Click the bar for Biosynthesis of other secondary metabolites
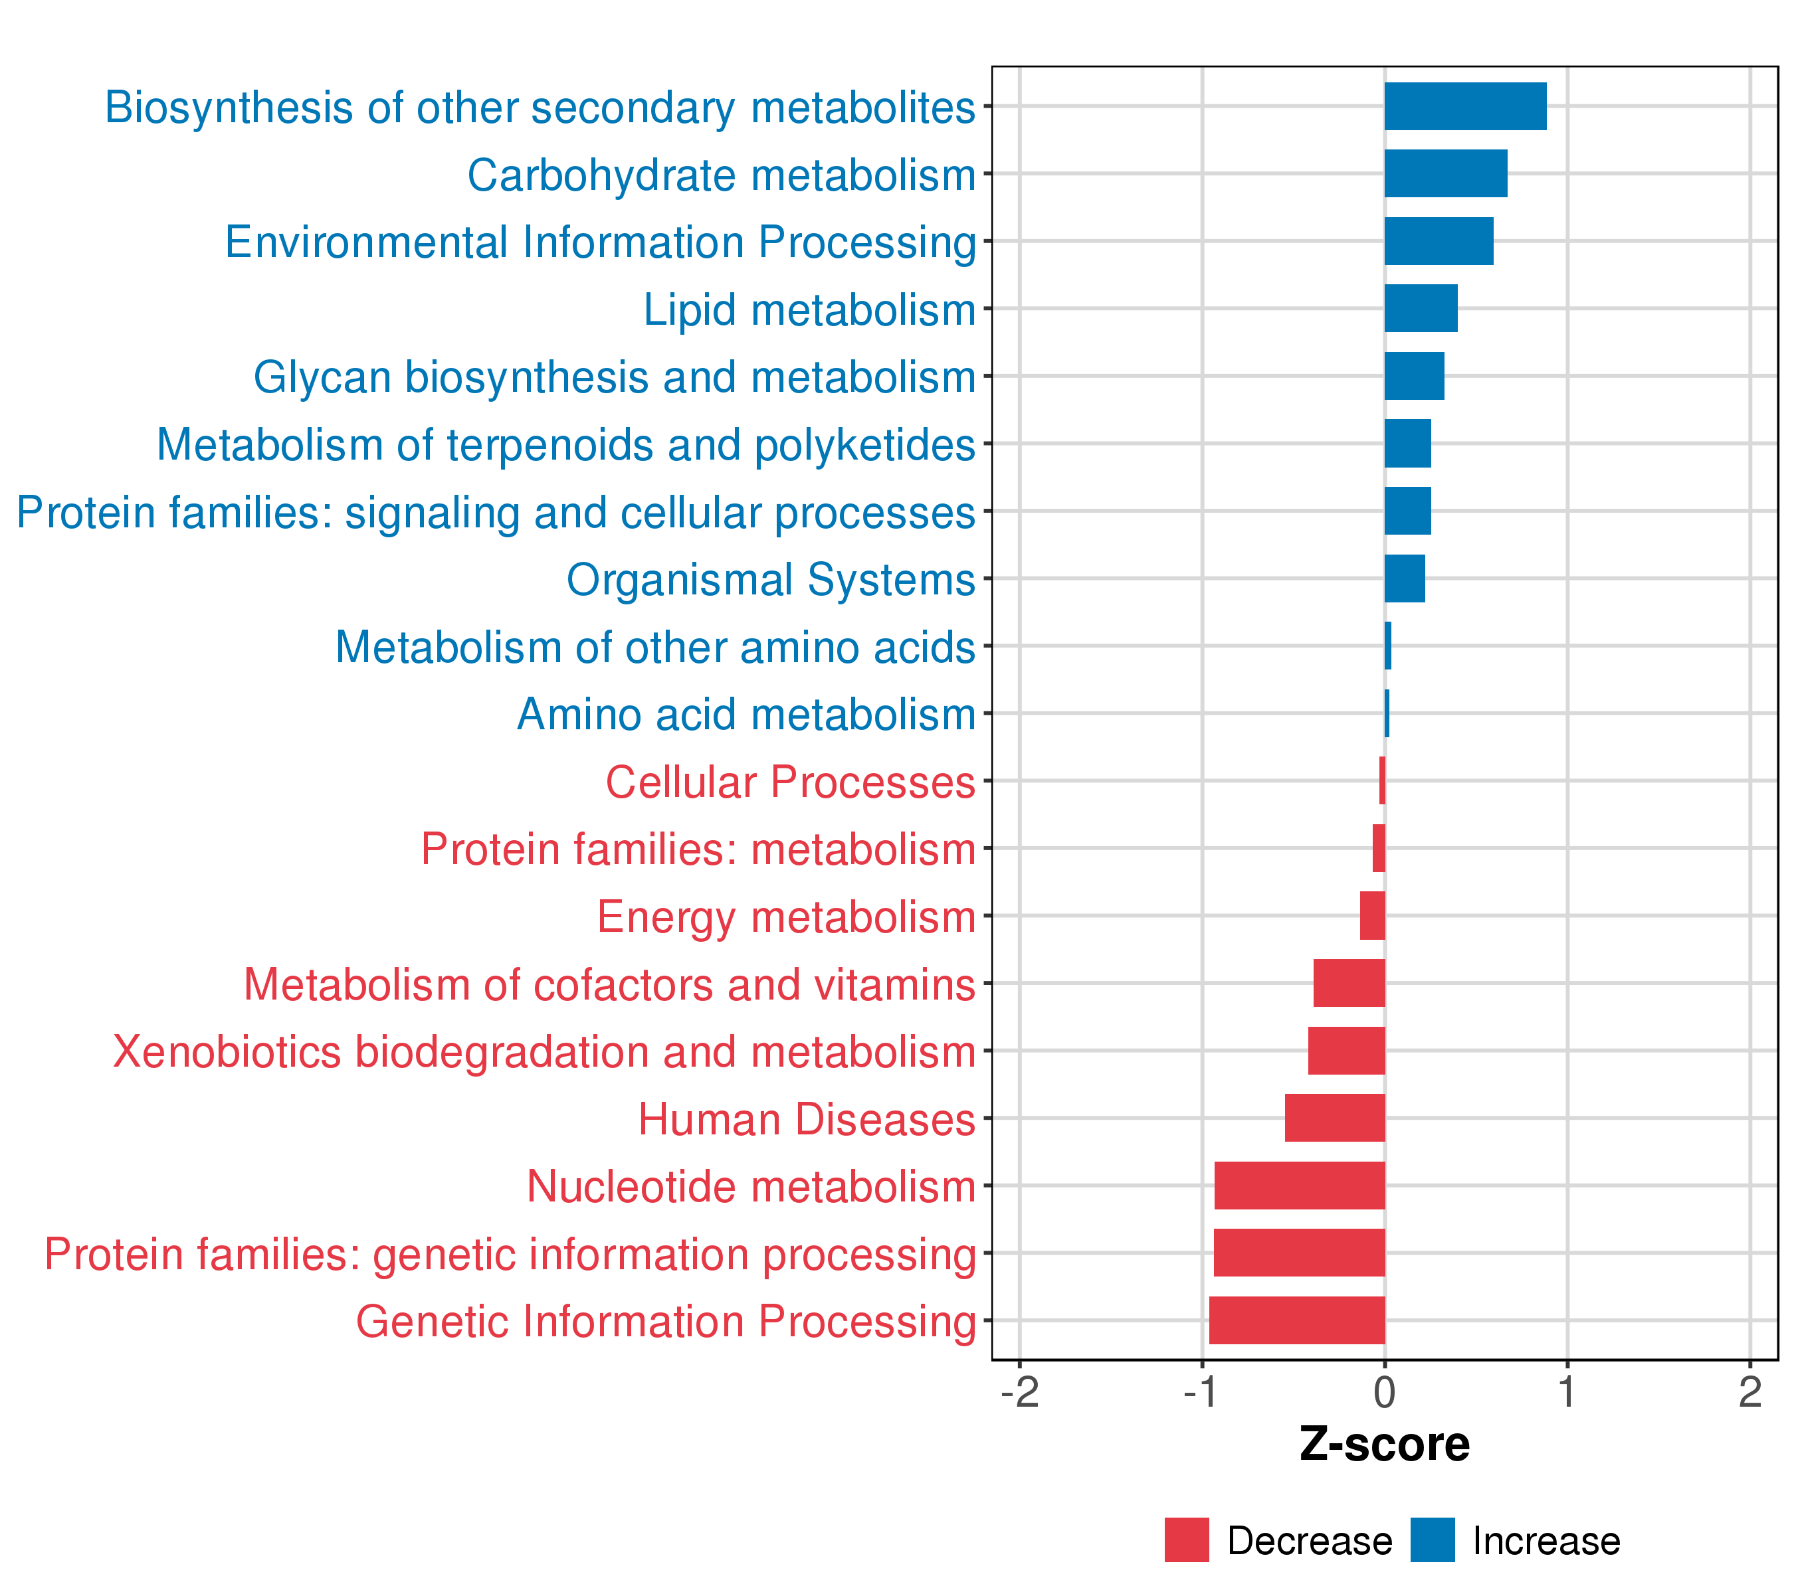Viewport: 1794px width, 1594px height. pos(1465,106)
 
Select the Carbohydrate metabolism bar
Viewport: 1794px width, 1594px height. pos(1446,174)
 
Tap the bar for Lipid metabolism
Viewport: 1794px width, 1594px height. pos(1421,309)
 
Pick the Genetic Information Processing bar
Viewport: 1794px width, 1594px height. pos(1297,1320)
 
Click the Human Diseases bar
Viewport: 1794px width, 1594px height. pos(1335,1118)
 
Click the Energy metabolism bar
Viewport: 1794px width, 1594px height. pos(1373,916)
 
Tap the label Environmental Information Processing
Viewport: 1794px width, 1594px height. pos(601,242)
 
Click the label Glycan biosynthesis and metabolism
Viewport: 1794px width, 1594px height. pos(615,377)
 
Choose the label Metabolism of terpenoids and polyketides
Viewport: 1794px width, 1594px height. pos(566,445)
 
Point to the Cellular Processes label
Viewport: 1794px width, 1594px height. pos(790,782)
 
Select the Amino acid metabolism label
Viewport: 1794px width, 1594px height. pos(746,714)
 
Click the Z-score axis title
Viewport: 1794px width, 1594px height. pos(1384,1445)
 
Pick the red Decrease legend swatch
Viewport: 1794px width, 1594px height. pos(1187,1540)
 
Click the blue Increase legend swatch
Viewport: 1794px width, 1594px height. pos(1433,1540)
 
